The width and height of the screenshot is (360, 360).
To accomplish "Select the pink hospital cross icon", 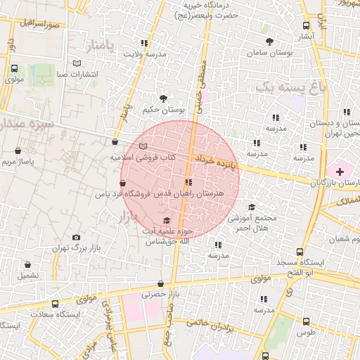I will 340,171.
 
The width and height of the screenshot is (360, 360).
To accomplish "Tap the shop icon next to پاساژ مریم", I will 18,150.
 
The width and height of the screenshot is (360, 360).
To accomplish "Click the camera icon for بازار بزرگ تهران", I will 76,238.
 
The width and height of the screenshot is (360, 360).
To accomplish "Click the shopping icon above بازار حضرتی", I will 161,284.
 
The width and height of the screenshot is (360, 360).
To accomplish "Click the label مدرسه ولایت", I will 145,53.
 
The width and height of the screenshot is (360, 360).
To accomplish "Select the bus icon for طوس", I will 305,321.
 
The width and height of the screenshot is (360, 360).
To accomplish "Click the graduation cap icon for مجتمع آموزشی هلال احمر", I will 252,207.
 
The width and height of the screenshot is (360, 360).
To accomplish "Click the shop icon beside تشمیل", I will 28,265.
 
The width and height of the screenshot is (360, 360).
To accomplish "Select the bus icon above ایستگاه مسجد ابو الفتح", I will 300,252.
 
